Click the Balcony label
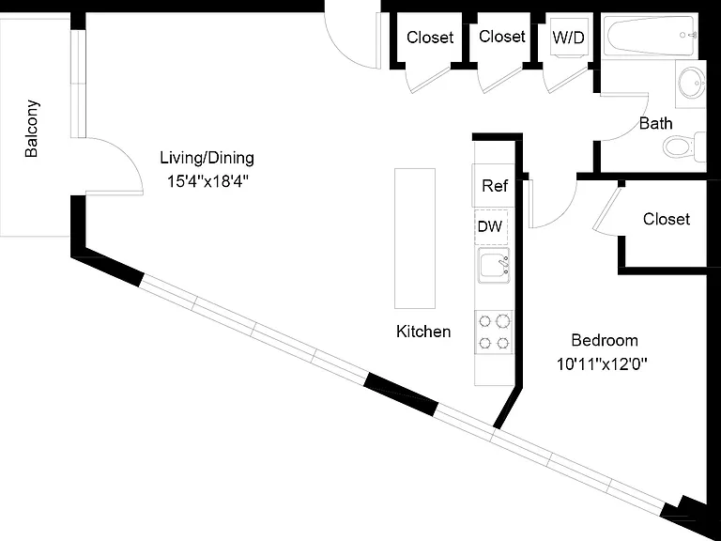coord(32,129)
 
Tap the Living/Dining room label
coord(207,158)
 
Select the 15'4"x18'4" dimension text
coord(207,181)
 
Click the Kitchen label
coord(423,332)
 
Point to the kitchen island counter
coord(415,239)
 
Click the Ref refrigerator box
coord(494,185)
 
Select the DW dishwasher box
coord(491,226)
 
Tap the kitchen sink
coord(495,266)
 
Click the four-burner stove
coord(495,332)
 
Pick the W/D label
coord(568,37)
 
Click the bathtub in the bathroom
coord(651,36)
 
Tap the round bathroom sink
coord(692,83)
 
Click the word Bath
coord(655,123)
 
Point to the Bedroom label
coord(605,340)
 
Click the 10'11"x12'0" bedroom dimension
coord(602,364)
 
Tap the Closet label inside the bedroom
coord(667,219)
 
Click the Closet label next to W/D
coord(502,37)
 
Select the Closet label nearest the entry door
coord(430,38)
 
